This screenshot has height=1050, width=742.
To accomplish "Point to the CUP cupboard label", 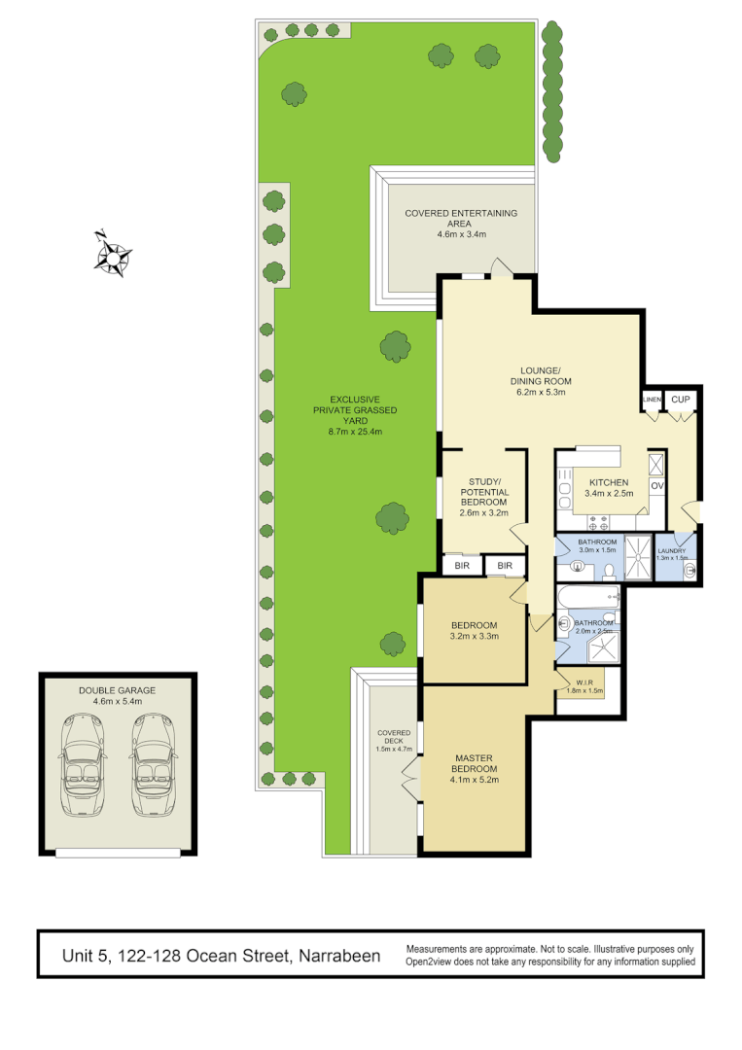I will click(681, 400).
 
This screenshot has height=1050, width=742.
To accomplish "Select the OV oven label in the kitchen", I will click(656, 485).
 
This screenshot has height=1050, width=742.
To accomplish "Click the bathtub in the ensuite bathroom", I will click(587, 595).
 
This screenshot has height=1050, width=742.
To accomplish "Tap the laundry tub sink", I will click(690, 571).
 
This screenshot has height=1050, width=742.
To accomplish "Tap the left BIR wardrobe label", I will click(461, 565).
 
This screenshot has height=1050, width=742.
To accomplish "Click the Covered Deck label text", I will click(394, 740).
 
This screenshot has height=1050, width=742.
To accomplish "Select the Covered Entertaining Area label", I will click(461, 223).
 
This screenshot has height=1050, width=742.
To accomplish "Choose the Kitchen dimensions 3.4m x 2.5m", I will click(608, 494).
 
